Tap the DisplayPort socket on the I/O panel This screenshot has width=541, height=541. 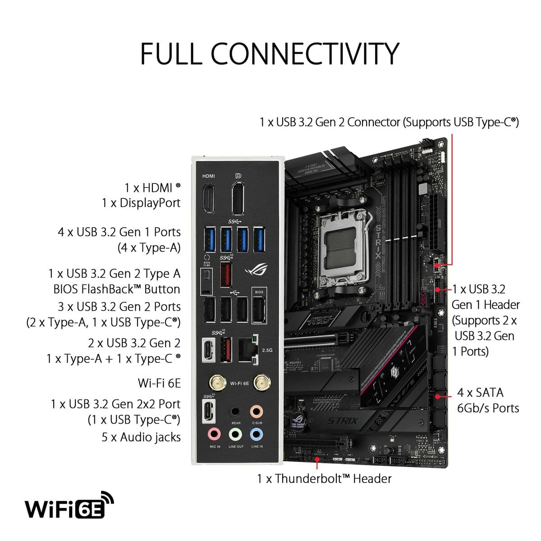pyautogui.click(x=238, y=199)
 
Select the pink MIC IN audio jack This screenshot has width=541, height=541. pyautogui.click(x=215, y=434)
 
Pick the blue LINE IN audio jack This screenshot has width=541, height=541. pyautogui.click(x=257, y=434)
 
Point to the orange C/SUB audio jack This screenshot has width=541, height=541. pyautogui.click(x=257, y=412)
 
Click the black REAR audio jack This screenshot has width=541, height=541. pyautogui.click(x=235, y=412)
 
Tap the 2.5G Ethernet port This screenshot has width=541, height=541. pyautogui.click(x=248, y=349)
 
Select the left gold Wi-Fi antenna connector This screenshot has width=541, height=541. pyautogui.click(x=218, y=384)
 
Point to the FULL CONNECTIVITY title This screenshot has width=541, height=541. pyautogui.click(x=270, y=53)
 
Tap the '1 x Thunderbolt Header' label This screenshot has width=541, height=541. pyautogui.click(x=324, y=478)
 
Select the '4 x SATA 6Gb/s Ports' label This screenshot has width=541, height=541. pyautogui.click(x=488, y=400)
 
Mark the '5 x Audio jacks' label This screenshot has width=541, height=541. pyautogui.click(x=141, y=437)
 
